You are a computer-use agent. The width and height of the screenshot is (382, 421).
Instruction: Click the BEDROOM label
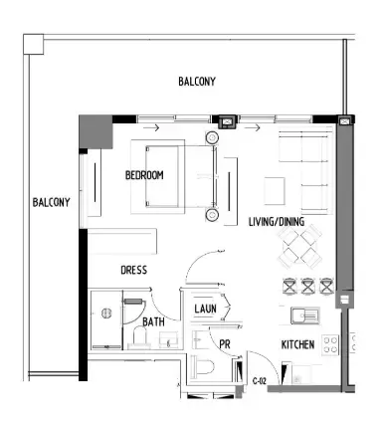144,176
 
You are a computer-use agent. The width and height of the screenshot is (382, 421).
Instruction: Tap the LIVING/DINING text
277,221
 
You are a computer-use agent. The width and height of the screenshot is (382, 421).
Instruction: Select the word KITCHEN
297,344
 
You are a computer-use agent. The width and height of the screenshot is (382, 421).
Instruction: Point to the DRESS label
134,270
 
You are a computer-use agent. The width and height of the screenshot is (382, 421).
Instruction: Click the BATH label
153,321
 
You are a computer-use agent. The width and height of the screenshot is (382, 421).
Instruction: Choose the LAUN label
206,310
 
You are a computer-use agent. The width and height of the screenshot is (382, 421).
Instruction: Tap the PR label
225,344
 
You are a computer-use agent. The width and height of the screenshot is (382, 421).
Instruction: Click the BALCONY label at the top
197,82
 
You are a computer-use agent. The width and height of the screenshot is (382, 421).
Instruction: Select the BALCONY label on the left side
51,202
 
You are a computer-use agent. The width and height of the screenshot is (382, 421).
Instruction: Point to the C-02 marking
261,381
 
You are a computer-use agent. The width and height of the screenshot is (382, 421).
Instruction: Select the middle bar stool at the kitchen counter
307,287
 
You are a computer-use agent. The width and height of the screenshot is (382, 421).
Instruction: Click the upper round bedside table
212,137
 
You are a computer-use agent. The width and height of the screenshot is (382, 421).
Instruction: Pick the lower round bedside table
212,214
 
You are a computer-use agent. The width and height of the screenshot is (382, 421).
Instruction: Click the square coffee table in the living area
274,189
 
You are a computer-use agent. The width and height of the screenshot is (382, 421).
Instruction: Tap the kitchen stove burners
356,344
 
